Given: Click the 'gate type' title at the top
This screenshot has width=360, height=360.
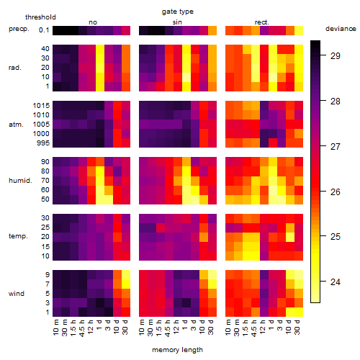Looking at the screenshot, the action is pyautogui.click(x=178, y=12).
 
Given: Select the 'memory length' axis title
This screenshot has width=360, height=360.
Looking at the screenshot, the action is pyautogui.click(x=178, y=350).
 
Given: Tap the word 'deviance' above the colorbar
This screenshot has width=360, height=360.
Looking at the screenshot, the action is pyautogui.click(x=341, y=29).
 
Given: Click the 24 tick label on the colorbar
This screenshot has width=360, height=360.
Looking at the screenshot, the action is pyautogui.click(x=336, y=282).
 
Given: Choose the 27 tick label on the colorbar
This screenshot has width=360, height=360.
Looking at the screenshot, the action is pyautogui.click(x=336, y=146).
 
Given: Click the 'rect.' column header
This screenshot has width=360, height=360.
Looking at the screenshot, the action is pyautogui.click(x=262, y=22).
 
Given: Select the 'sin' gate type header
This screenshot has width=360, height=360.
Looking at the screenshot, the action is pyautogui.click(x=177, y=22).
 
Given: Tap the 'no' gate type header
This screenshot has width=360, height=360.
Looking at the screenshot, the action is pyautogui.click(x=93, y=22).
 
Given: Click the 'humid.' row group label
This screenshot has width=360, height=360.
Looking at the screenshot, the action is pyautogui.click(x=20, y=181).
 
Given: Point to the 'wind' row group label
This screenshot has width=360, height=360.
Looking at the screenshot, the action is pyautogui.click(x=17, y=294).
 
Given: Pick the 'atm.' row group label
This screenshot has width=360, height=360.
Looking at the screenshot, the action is pyautogui.click(x=16, y=125).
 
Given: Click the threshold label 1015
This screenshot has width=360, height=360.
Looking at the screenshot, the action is pyautogui.click(x=41, y=106).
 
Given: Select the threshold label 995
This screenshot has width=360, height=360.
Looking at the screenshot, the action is pyautogui.click(x=43, y=143).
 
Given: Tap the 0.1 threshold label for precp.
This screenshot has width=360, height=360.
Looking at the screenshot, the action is pyautogui.click(x=44, y=30).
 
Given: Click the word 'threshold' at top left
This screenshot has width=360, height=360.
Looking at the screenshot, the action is pyautogui.click(x=40, y=17).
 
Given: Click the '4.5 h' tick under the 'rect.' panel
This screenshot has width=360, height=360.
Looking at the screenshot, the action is pyautogui.click(x=254, y=328).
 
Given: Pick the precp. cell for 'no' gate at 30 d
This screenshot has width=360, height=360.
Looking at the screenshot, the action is pyautogui.click(x=126, y=31).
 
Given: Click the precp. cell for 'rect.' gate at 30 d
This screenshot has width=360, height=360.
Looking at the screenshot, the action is pyautogui.click(x=299, y=31).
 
